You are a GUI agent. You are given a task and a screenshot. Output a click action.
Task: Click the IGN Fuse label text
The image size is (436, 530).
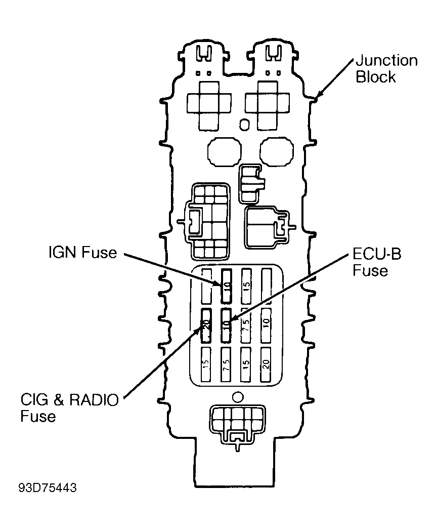83,253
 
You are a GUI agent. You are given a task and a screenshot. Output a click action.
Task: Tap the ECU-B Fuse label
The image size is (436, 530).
377,262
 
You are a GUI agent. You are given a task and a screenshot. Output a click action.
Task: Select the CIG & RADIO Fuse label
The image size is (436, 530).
70,407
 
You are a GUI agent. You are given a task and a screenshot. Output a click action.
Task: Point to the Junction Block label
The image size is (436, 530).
387,69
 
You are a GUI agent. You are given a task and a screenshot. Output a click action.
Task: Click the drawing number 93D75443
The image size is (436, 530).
48,488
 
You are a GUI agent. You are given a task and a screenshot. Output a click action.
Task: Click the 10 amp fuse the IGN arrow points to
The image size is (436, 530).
227,286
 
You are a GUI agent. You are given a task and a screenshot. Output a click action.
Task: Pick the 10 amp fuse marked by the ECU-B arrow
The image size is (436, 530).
226,325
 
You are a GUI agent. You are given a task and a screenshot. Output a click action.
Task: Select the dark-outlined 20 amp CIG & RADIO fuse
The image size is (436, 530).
206,325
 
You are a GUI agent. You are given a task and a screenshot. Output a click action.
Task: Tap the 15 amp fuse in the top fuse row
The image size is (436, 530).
246,286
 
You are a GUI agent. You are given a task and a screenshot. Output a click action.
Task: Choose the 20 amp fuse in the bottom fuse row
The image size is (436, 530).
266,364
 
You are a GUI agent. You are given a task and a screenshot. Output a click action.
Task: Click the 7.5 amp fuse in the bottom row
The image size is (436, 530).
226,364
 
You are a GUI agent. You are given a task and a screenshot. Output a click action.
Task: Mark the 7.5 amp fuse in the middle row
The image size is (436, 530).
246,325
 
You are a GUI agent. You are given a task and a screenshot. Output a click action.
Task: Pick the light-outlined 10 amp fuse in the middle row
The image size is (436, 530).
266,325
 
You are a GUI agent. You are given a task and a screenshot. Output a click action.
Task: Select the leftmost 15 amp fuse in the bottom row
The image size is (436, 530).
206,364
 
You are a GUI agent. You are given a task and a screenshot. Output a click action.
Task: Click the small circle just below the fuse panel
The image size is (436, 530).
238,397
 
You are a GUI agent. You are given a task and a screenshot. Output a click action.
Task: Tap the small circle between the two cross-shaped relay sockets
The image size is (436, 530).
244,125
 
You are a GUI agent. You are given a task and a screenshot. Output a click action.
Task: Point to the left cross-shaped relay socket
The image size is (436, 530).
209,105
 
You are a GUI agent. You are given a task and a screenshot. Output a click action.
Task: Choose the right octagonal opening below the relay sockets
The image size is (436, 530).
277,152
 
